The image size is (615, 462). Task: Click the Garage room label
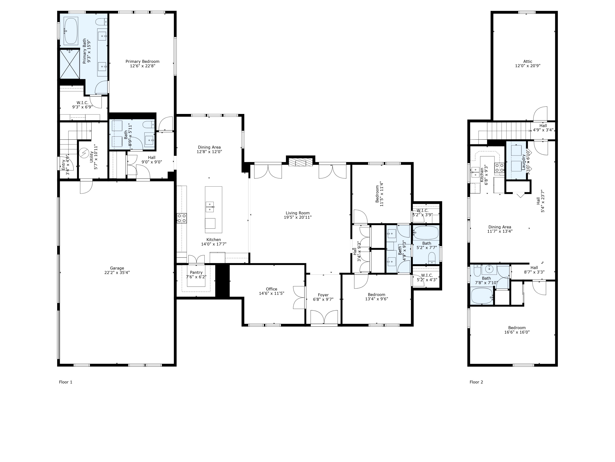click(117, 268)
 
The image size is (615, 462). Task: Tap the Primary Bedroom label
click(142, 62)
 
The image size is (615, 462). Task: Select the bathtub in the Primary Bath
click(71, 31)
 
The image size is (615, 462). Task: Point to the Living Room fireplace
click(301, 163)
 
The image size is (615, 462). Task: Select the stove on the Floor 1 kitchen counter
click(182, 218)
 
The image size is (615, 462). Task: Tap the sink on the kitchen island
click(210, 207)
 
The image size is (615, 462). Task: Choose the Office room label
click(271, 289)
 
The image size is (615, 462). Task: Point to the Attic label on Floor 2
click(527, 62)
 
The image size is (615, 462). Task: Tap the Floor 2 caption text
click(476, 382)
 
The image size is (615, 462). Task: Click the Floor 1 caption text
click(66, 382)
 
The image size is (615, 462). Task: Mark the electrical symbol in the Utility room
click(83, 153)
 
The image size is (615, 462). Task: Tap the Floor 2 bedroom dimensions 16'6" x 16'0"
click(517, 332)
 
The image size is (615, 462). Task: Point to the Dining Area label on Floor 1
click(209, 147)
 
